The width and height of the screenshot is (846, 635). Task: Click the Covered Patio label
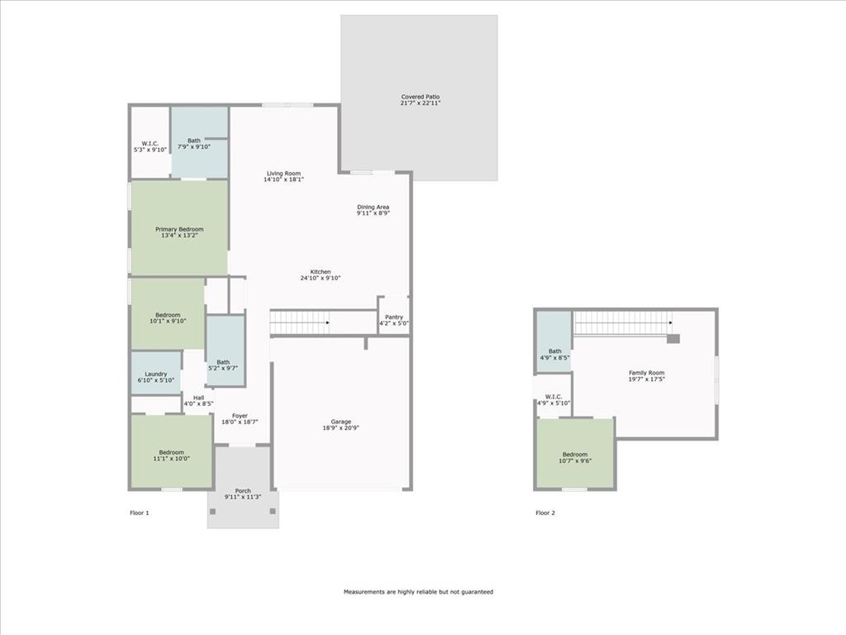(420, 97)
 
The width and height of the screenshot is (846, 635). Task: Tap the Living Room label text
(283, 174)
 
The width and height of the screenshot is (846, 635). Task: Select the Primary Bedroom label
(179, 229)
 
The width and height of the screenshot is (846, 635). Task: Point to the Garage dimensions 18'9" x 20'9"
(340, 427)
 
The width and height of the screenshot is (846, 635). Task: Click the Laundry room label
(156, 374)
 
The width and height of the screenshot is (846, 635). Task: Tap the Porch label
(243, 491)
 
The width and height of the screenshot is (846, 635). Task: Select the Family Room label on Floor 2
(646, 373)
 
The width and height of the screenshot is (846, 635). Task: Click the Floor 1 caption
(140, 513)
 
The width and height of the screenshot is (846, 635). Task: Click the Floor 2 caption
(545, 513)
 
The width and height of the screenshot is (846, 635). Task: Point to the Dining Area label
(373, 207)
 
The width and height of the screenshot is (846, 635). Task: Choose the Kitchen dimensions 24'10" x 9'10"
(321, 278)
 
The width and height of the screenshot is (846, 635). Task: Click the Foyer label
(240, 416)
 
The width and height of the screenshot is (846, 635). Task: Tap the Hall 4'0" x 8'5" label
(198, 400)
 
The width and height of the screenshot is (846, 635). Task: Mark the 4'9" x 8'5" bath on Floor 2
(554, 354)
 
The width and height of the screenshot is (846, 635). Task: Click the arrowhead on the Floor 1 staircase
(328, 322)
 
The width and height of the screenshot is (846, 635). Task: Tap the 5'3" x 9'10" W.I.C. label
(150, 146)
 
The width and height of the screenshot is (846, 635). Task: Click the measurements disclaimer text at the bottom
(418, 592)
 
